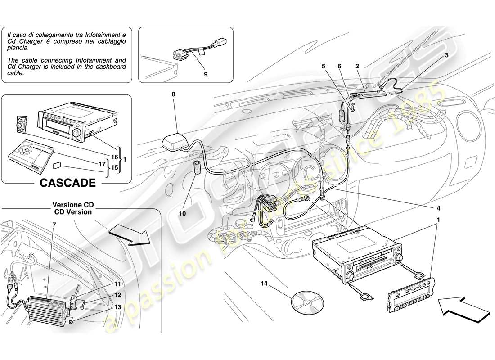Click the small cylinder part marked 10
tap(197, 168)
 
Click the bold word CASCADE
tap(68, 183)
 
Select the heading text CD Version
tap(73, 211)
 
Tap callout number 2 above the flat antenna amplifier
tap(357, 66)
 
